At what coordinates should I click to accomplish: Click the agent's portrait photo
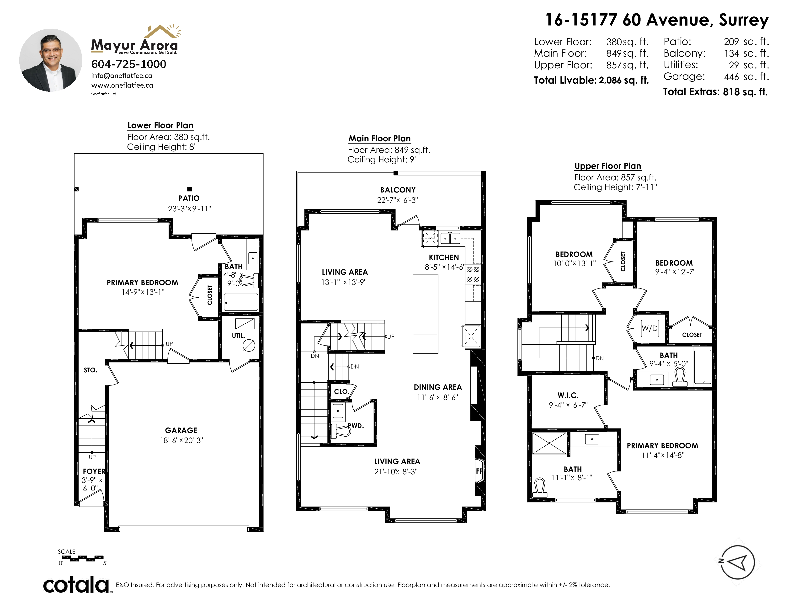[51, 60]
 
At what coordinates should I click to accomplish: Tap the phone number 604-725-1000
[129, 64]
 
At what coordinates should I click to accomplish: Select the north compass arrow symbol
[737, 562]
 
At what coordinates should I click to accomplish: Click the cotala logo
[76, 585]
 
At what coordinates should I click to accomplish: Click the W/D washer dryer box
[650, 328]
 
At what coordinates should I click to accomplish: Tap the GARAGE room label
[181, 430]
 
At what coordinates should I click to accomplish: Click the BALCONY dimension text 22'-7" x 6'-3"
[398, 200]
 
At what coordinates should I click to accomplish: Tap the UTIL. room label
[239, 336]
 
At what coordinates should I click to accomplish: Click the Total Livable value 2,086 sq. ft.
[624, 80]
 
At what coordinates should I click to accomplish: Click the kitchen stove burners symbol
[473, 274]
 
